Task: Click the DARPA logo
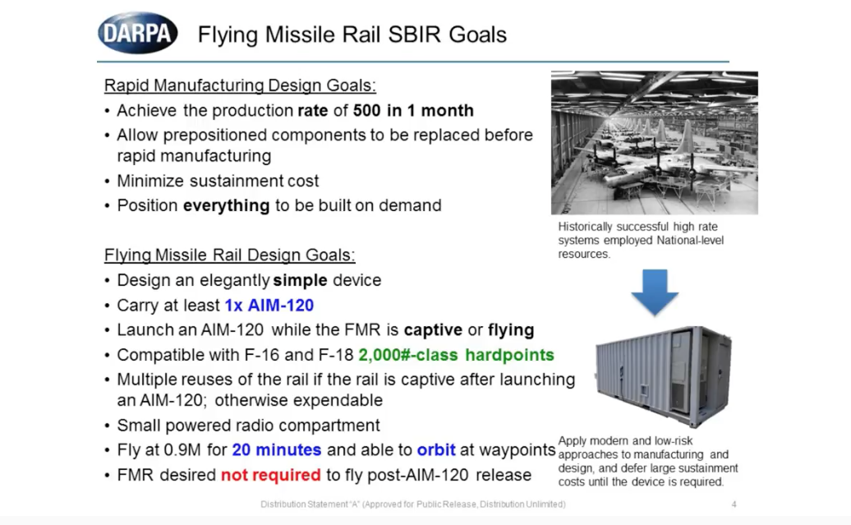tap(138, 33)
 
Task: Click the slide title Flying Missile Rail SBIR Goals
tap(352, 35)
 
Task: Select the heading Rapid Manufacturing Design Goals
tap(240, 85)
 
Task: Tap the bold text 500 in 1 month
tap(413, 110)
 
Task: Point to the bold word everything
tap(227, 205)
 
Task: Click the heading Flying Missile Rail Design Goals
tap(229, 255)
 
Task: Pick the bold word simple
tap(300, 280)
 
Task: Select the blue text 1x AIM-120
tap(269, 305)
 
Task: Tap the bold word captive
tap(433, 330)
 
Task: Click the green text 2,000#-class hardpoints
tap(457, 355)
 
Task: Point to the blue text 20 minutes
tap(277, 450)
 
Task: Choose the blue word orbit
tap(436, 450)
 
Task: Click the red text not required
tap(271, 475)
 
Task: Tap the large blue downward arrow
tap(655, 292)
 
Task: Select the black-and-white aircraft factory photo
tap(655, 143)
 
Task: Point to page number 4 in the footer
tap(734, 504)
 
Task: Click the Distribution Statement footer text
tap(413, 504)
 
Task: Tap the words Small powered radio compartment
tap(249, 425)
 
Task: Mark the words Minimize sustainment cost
tap(218, 181)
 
